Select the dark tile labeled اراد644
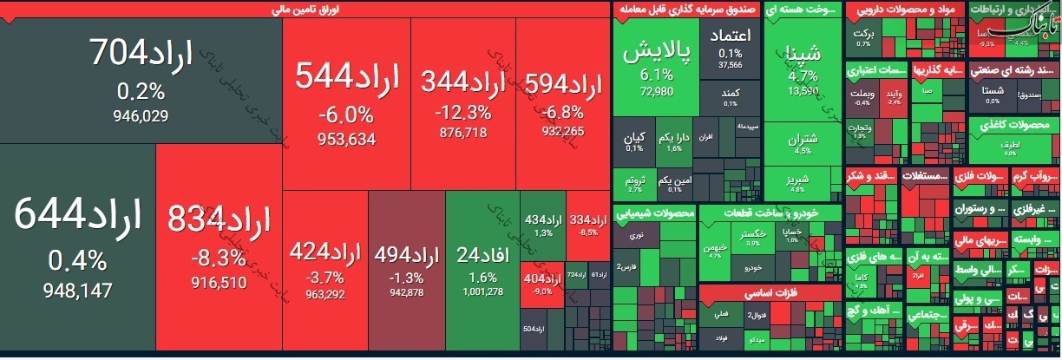78,247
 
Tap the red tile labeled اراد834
219,247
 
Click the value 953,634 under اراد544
334,138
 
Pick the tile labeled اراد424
325,269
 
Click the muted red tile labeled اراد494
406,269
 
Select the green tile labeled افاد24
482,269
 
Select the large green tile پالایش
657,65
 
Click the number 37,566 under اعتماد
731,64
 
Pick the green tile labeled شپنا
803,65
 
